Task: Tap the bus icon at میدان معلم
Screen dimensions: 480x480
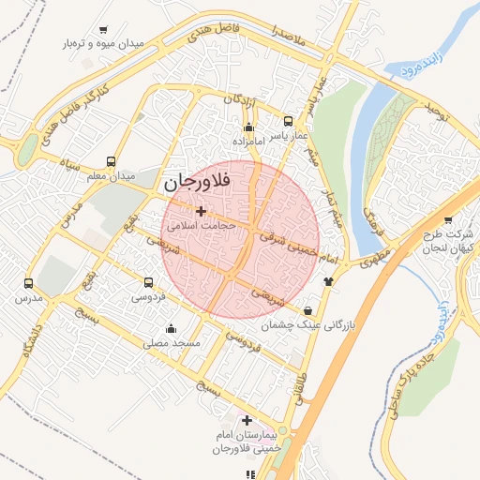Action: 112,161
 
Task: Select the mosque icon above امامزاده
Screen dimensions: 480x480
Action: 248,127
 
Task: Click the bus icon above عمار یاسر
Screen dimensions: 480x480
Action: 288,121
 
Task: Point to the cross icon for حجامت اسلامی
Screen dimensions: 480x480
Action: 200,211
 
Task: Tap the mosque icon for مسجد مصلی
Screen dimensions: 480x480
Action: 171,328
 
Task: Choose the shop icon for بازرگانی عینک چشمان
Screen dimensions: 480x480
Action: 308,310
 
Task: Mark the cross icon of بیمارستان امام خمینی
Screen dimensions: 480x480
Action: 247,421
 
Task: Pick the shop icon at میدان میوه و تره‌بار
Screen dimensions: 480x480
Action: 102,30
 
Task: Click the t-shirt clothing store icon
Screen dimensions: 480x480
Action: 328,280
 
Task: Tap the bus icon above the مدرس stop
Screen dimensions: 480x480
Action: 28,282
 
